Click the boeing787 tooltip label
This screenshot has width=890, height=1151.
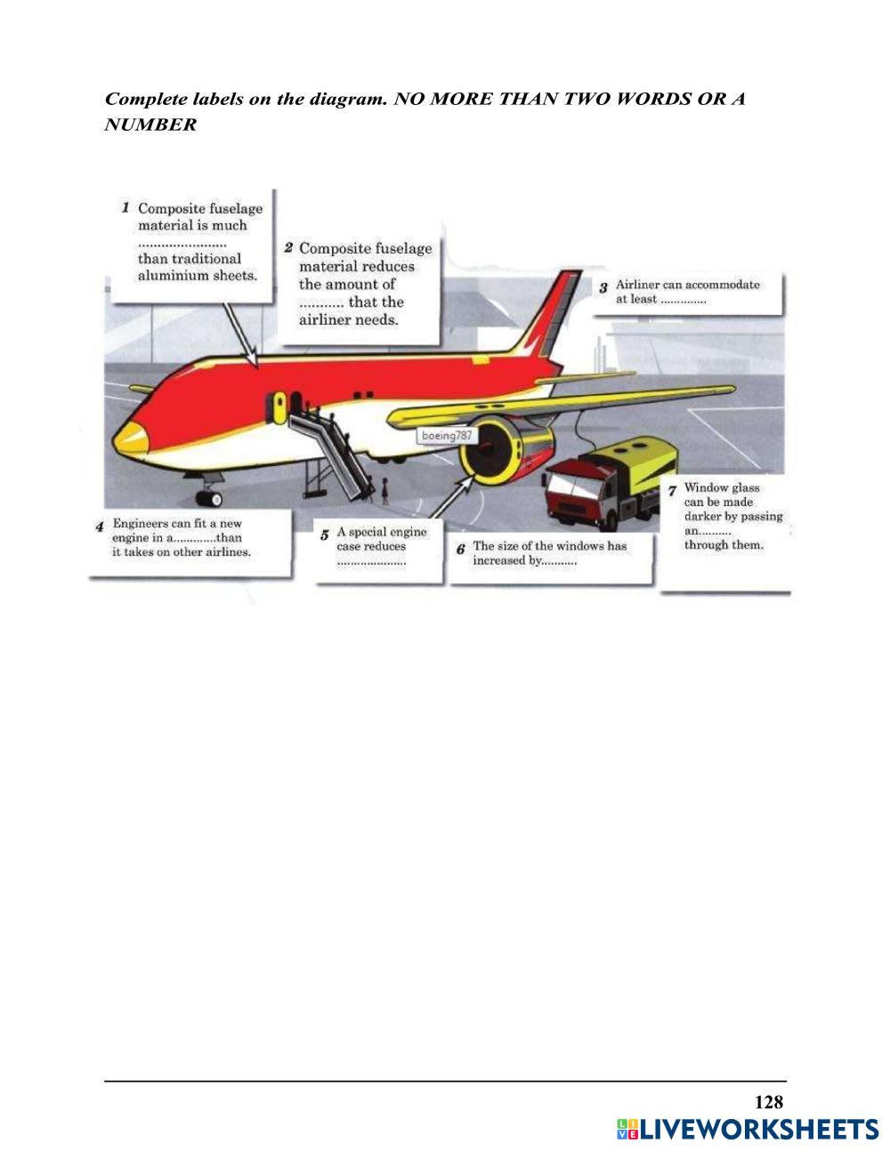pos(447,436)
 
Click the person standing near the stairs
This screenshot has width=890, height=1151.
pos(384,488)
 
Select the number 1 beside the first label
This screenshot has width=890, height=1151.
pos(126,207)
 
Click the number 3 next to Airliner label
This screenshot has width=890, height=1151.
pos(603,288)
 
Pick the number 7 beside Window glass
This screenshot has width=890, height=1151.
pos(672,489)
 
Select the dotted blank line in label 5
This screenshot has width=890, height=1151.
pos(371,562)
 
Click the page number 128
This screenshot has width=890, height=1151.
pos(768,1102)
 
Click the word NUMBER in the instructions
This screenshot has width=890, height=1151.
pos(150,125)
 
